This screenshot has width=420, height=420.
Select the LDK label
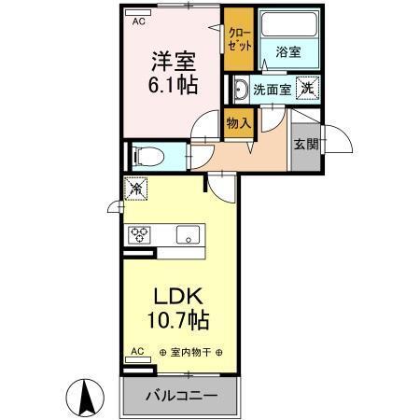pos(176,296)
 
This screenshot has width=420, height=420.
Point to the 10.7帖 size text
pos(176,319)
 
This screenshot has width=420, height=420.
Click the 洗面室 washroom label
pos(274,90)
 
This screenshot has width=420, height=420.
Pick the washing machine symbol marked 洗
pos(305,89)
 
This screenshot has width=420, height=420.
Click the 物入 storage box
pos(239,121)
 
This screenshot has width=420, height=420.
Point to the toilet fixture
pos(145,155)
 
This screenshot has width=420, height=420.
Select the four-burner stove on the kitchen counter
pos(141,234)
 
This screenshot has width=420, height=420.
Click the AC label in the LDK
pos(136,352)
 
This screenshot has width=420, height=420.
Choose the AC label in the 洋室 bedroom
pos(138,20)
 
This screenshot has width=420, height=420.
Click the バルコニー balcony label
pos(181,395)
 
